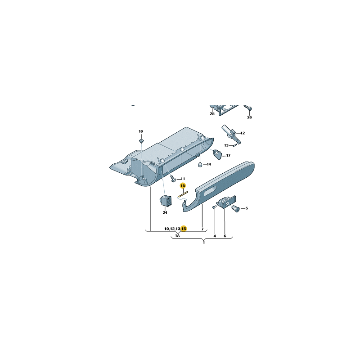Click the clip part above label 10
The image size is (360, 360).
141,140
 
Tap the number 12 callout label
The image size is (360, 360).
243,133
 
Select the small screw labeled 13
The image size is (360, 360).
234,145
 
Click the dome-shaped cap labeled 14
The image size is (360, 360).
200,165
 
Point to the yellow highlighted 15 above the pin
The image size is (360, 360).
183,185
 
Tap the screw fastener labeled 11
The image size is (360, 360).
174,178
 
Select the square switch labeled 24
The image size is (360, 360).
165,201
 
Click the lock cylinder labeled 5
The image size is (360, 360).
236,209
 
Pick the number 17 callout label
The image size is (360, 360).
228,155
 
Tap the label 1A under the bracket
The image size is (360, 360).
177,235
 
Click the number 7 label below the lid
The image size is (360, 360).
202,229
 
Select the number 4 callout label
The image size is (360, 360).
215,236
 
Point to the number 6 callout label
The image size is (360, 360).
225,236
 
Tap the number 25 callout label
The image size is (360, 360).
212,114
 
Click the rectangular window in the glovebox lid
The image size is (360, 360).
210,191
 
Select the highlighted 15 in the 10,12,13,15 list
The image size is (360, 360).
184,229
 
